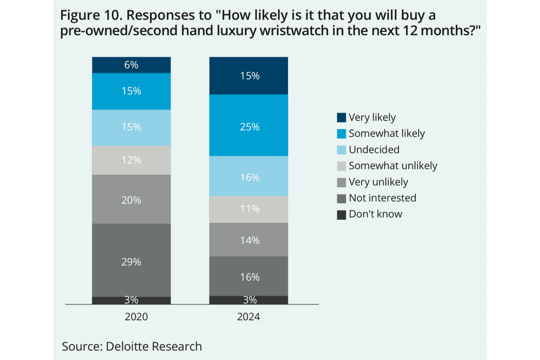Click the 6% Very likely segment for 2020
[131, 65]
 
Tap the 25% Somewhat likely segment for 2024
[249, 125]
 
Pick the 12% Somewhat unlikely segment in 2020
[131, 160]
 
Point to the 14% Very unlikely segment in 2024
[249, 239]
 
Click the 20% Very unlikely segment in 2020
[131, 199]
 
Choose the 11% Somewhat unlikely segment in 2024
[249, 209]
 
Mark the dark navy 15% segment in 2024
[249, 76]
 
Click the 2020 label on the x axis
[136, 317]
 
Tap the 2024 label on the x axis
[249, 317]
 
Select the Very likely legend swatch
[342, 118]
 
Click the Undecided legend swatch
[342, 150]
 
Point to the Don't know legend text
[375, 214]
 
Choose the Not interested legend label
[382, 198]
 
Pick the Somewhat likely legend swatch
[342, 134]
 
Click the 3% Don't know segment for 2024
[249, 300]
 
